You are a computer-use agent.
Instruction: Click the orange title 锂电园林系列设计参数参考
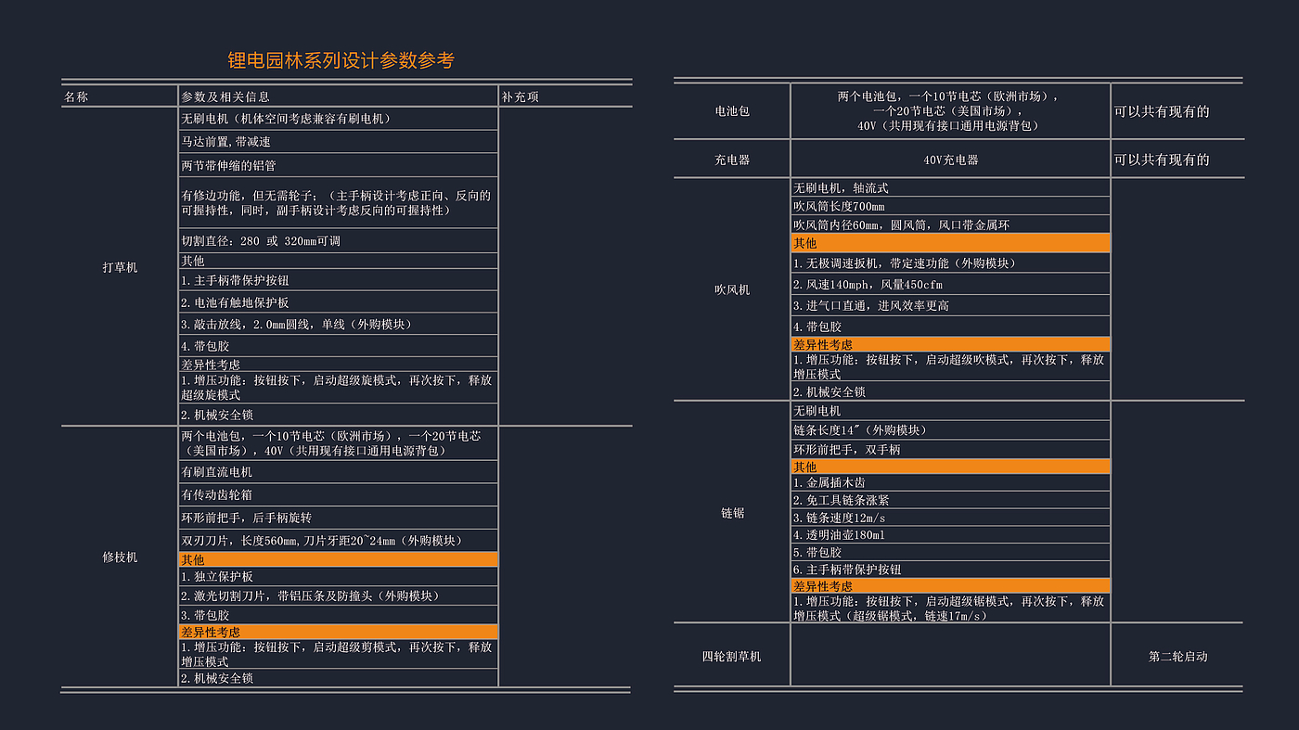341,61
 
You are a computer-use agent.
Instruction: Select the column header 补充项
520,96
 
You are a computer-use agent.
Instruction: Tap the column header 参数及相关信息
225,96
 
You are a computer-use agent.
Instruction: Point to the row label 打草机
120,267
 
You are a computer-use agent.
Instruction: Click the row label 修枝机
120,557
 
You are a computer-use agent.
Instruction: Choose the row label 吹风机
732,289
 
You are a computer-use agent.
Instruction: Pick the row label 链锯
732,512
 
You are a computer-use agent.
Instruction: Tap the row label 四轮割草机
732,656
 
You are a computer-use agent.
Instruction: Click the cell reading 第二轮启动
1177,656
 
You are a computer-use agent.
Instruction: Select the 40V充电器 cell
950,160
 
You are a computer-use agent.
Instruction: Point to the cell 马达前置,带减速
225,142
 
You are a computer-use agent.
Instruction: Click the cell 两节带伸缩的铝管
228,165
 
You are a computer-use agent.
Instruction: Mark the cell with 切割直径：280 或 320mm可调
261,241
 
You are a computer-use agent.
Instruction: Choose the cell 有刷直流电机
216,472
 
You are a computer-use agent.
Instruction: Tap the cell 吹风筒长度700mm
839,206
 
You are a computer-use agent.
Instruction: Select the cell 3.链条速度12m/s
839,518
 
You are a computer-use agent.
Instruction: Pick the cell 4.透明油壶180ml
839,535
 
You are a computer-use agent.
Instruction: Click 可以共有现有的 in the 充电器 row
1161,160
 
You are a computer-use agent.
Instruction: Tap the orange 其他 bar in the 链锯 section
950,467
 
